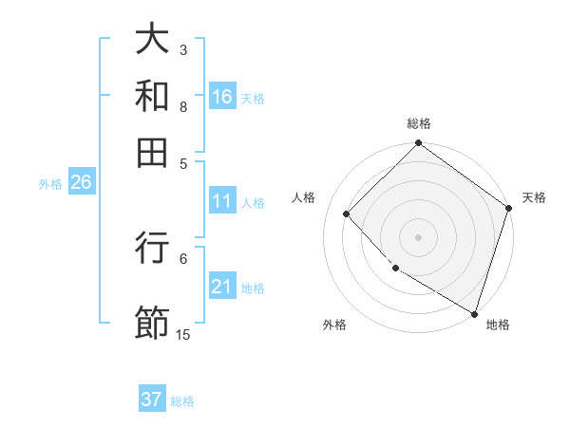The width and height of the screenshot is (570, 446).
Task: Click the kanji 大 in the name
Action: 153,41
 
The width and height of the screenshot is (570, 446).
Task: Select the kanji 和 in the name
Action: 153,95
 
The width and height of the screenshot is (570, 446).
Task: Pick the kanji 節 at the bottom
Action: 153,321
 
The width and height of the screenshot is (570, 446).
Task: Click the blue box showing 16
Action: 222,97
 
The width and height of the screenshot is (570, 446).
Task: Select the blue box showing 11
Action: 222,201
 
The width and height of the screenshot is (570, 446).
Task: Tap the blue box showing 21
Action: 222,288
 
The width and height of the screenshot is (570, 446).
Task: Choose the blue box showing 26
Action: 81,183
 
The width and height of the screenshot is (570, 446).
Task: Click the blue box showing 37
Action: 151,400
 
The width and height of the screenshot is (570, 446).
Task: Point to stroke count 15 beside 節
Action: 183,334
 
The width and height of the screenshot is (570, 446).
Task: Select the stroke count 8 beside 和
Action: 183,107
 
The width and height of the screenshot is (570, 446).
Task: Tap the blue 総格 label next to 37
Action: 182,401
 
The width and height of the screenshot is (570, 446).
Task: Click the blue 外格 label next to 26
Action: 50,184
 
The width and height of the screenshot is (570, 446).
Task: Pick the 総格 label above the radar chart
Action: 418,123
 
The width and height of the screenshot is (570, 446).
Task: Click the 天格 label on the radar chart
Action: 534,197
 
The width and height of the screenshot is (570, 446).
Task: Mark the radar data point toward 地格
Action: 473,312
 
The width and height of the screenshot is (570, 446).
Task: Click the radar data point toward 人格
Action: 347,214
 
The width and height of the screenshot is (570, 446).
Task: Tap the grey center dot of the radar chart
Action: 418,236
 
